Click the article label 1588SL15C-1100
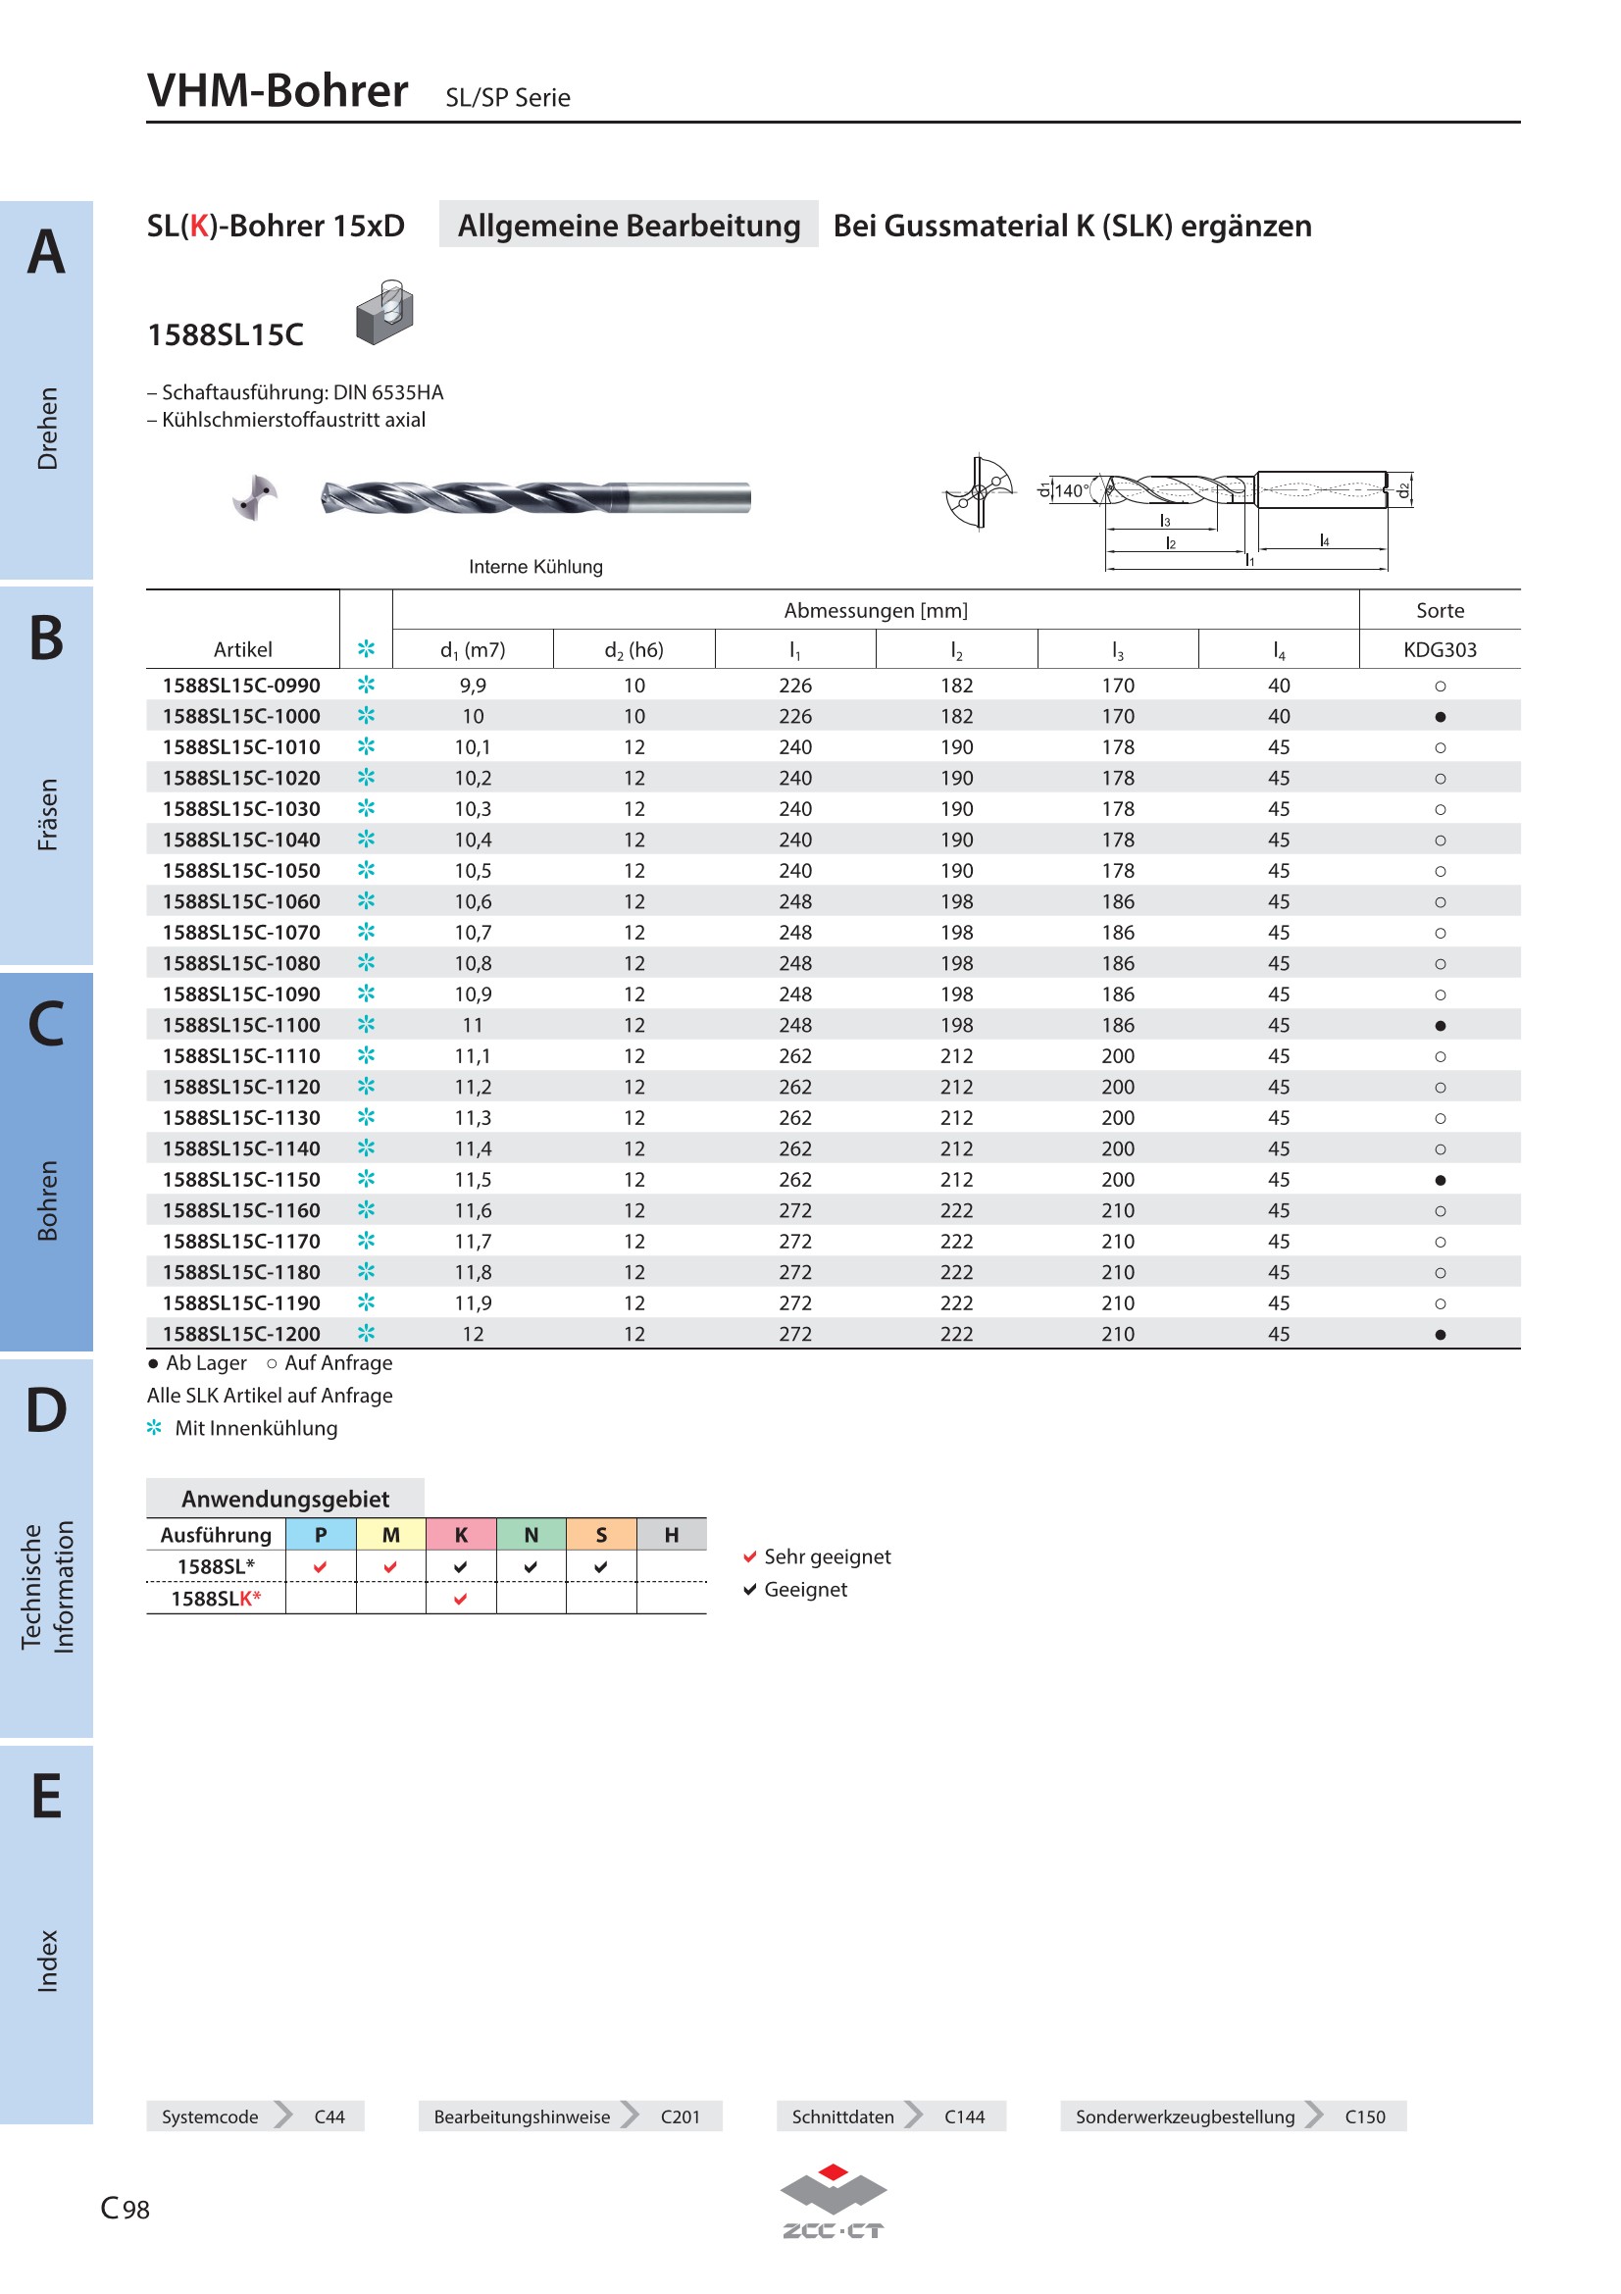[x=241, y=1025]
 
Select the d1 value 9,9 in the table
[x=473, y=686]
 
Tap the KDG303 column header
[x=1440, y=649]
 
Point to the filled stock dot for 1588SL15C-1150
[x=1440, y=1180]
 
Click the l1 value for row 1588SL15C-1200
[x=795, y=1334]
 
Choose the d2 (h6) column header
[x=633, y=650]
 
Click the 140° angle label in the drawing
[x=1072, y=490]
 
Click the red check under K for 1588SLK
[x=461, y=1599]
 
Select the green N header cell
[x=531, y=1535]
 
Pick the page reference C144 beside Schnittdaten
[x=964, y=2116]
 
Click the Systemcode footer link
[x=210, y=2116]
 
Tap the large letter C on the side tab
[x=46, y=1023]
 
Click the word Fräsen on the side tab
[x=47, y=814]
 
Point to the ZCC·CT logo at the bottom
[x=833, y=2202]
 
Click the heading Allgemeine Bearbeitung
[x=629, y=226]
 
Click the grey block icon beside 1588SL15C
[x=384, y=313]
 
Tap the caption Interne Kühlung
[x=535, y=567]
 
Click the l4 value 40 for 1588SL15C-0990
[x=1279, y=686]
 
